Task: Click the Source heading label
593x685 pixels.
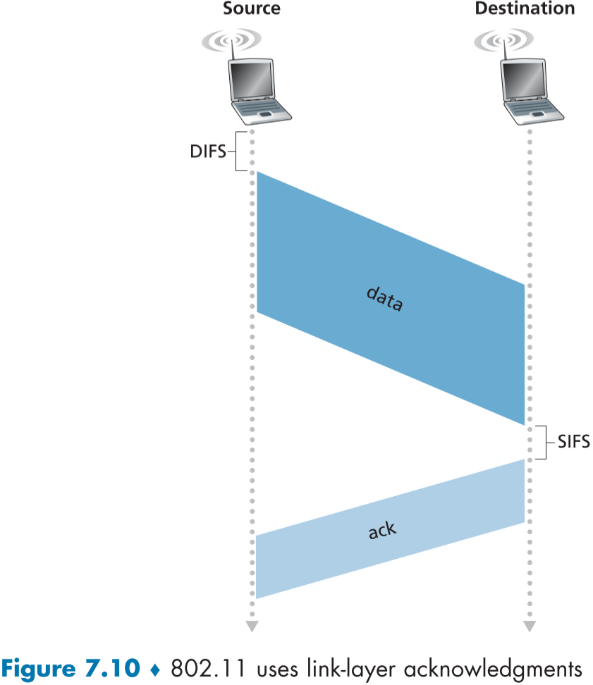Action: point(251,9)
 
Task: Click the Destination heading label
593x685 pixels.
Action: point(525,9)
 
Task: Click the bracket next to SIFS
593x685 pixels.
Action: point(542,443)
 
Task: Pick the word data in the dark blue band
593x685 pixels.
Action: point(385,299)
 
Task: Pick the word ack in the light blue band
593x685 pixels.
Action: point(383,530)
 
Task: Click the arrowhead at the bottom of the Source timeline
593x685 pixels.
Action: point(252,627)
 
